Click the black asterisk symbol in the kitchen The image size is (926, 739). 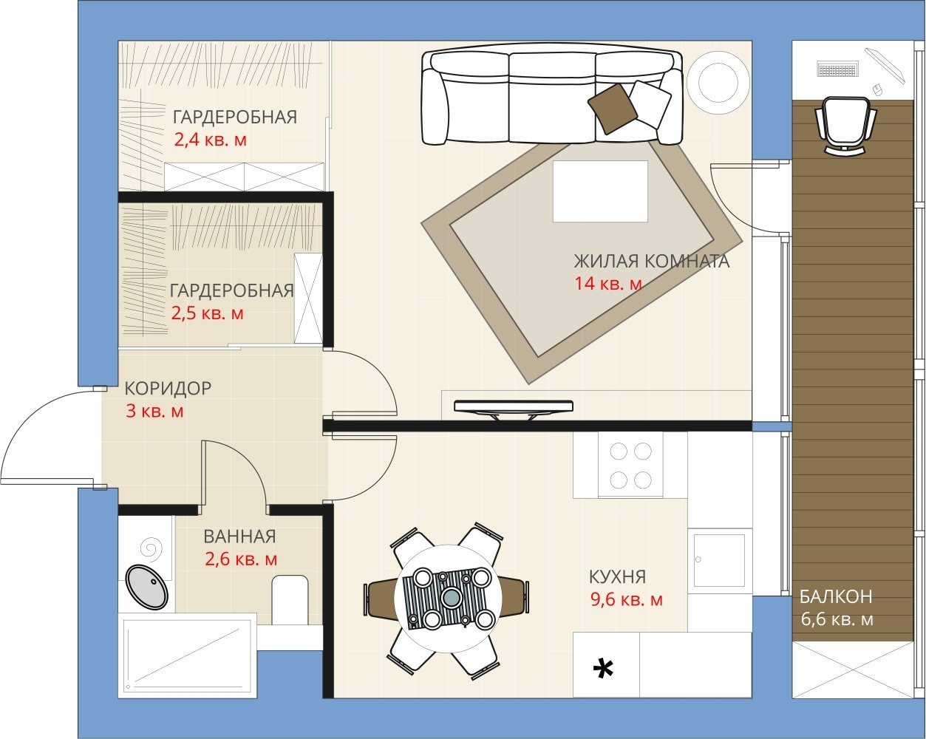(x=603, y=668)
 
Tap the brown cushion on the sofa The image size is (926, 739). (x=613, y=109)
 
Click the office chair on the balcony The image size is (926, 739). (x=845, y=126)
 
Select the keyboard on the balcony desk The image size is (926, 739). (x=838, y=69)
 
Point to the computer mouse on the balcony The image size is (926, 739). (x=877, y=89)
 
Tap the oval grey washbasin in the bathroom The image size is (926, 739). (x=147, y=587)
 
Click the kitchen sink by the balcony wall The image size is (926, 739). (x=719, y=560)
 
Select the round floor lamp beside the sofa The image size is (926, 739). (x=718, y=82)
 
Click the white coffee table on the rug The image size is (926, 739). (x=600, y=191)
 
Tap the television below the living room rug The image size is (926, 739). (x=514, y=408)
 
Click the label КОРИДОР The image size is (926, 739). (x=168, y=388)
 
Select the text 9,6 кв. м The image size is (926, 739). (x=626, y=599)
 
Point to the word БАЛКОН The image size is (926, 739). (x=836, y=596)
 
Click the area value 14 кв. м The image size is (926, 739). (x=608, y=283)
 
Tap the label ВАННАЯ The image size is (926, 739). (x=239, y=537)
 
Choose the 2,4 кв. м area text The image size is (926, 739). (x=211, y=140)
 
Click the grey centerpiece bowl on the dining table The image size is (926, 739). (x=452, y=596)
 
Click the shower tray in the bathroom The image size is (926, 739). (x=188, y=655)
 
